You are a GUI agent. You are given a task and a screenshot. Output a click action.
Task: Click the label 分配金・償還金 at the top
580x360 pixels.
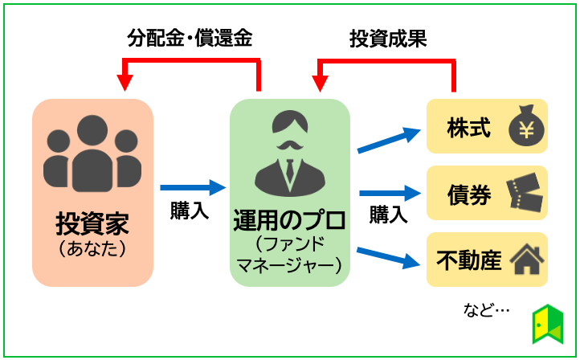(x=190, y=38)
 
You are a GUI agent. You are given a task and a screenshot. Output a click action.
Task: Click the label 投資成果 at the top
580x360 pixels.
(x=388, y=38)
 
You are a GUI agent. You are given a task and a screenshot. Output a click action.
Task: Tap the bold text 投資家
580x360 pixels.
(x=92, y=223)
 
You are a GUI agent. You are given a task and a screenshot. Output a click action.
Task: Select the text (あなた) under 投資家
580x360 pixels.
(x=92, y=248)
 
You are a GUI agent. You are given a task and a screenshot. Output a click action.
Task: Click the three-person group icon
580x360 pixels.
(x=92, y=153)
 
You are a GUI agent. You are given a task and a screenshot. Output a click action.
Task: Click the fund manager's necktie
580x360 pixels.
(x=289, y=170)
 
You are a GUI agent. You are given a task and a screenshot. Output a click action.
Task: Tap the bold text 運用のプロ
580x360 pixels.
(x=289, y=219)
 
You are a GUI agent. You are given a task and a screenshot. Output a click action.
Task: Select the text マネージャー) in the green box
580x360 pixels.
(x=289, y=264)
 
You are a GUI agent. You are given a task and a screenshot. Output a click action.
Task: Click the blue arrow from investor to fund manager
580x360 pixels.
(x=193, y=187)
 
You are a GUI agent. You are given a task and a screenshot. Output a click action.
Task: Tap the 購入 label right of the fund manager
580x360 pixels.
(x=388, y=215)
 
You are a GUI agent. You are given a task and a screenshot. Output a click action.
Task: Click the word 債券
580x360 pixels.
(x=468, y=194)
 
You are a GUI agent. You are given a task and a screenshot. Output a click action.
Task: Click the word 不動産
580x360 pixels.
(x=468, y=260)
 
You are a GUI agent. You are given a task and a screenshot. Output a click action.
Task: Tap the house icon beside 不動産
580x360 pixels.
(x=526, y=260)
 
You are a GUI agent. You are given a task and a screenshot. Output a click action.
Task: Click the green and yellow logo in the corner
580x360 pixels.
(x=549, y=323)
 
